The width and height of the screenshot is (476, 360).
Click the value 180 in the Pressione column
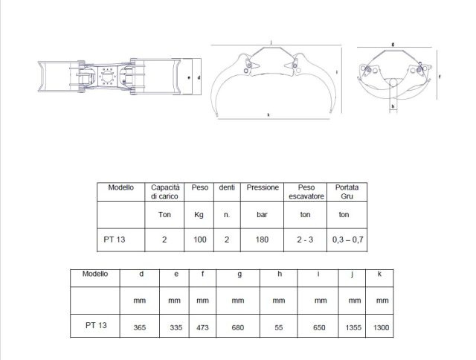coord(262,240)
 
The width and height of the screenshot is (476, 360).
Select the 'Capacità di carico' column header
coord(165,192)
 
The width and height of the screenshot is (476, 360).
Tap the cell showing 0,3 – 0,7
coord(347,240)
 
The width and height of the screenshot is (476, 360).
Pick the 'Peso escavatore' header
coord(306,192)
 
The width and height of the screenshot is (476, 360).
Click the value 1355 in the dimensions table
coord(353,328)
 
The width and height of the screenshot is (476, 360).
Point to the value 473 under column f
coord(202,328)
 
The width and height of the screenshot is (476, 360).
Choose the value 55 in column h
coord(279,328)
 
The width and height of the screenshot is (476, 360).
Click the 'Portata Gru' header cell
coord(347,192)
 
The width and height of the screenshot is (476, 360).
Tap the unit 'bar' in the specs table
coord(262,215)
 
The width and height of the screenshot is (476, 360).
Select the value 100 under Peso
coord(200,240)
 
